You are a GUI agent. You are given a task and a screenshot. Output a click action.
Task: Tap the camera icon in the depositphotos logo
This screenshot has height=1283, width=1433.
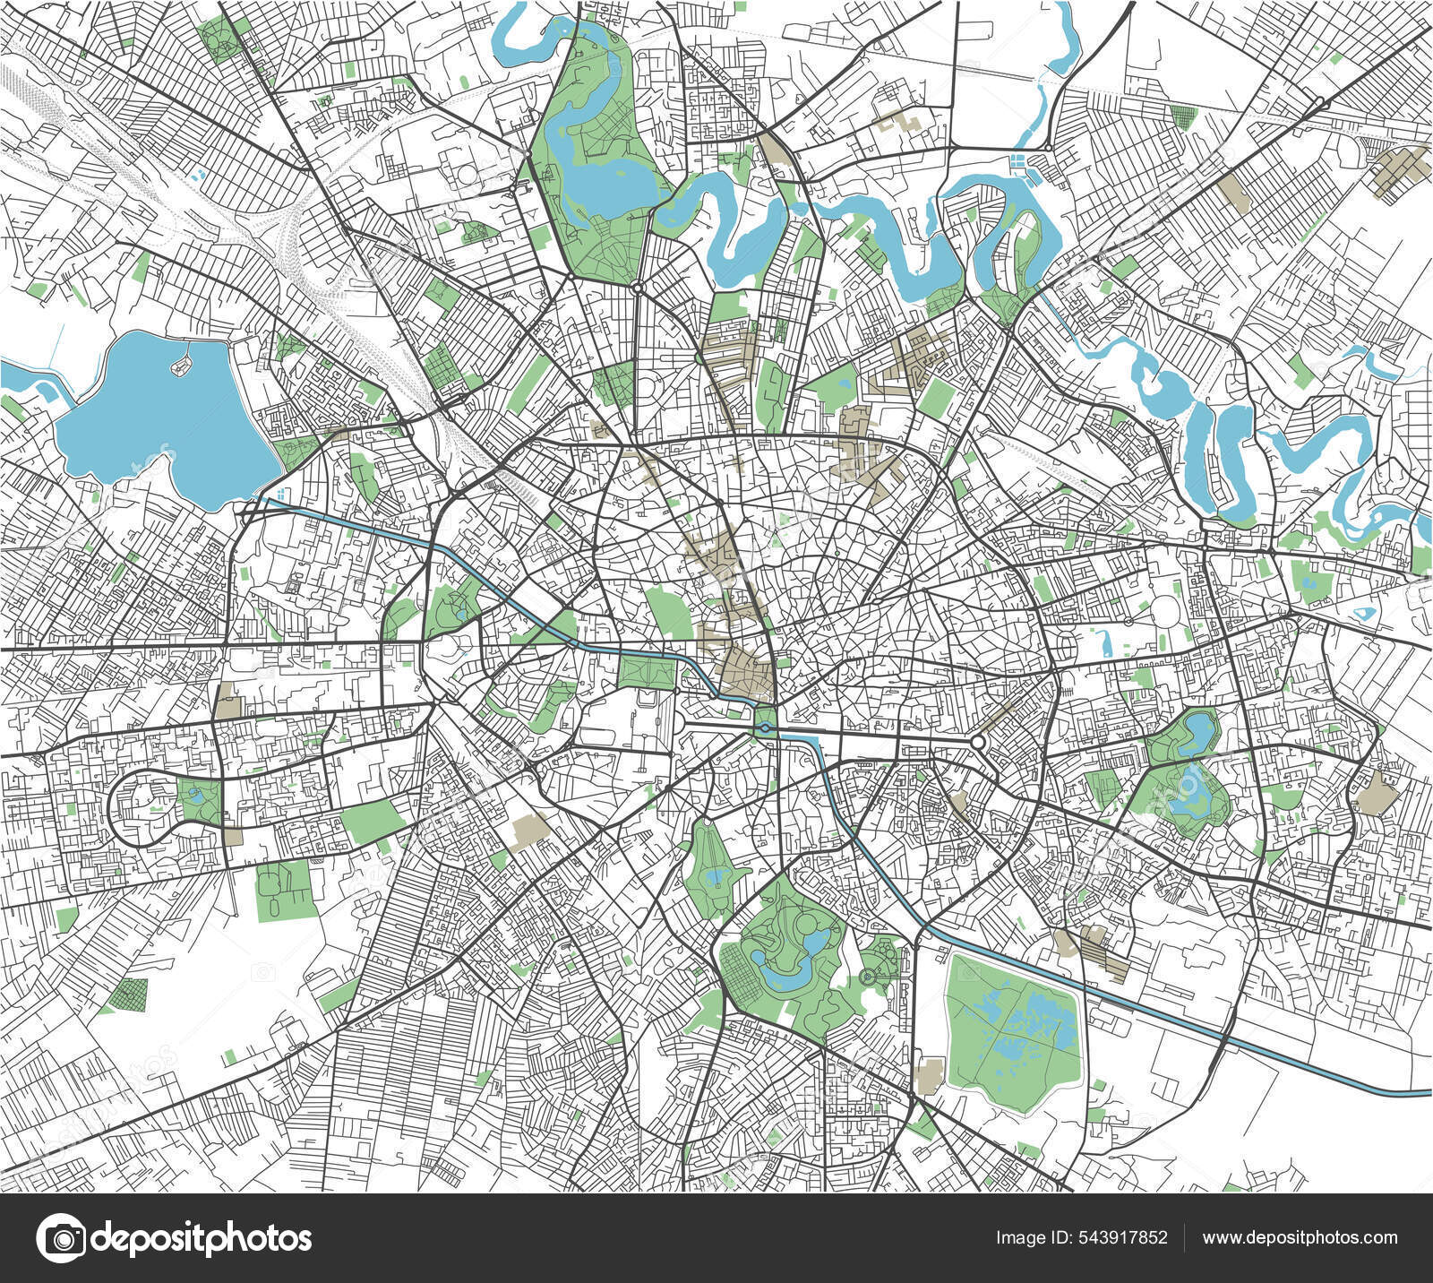point(60,1238)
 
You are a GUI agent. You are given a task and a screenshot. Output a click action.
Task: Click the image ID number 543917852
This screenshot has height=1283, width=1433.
point(1123,1238)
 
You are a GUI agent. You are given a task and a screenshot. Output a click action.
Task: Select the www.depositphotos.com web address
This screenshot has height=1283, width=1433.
point(1300,1238)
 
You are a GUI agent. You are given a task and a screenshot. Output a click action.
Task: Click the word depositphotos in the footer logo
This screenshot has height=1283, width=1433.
point(202,1238)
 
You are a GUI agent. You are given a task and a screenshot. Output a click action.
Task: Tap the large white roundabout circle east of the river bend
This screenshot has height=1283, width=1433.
point(977,743)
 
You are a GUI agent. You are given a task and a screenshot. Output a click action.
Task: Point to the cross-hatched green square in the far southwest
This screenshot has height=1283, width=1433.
point(131,995)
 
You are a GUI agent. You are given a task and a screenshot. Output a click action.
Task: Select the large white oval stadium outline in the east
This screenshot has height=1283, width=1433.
point(1167,611)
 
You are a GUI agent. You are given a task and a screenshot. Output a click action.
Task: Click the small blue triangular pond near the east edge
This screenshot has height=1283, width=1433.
point(1366,614)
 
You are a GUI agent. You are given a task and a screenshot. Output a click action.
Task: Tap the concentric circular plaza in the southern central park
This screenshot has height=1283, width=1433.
point(866,977)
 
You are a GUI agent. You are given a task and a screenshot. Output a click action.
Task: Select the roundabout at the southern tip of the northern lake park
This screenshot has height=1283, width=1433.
point(637,288)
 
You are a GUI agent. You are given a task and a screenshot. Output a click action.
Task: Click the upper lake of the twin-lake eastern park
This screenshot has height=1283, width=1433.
point(1197,733)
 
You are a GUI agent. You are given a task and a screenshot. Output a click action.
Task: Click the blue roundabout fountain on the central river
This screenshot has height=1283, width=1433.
point(766,728)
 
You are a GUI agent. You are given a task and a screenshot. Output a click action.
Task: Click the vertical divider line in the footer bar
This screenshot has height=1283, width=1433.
point(1184,1238)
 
